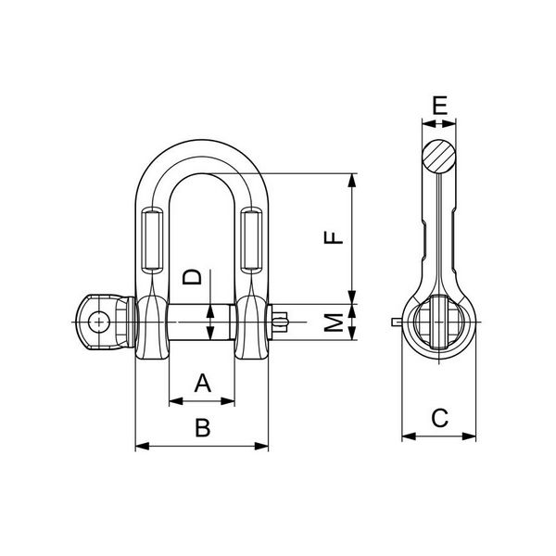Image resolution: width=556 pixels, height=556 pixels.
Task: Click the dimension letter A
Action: coord(202,382)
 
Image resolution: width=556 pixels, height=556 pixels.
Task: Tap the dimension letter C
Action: coord(440,418)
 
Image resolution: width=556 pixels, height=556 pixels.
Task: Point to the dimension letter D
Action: coord(192,276)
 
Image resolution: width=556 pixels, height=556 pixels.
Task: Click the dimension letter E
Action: coord(440,105)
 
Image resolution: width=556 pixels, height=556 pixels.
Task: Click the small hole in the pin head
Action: coord(95,322)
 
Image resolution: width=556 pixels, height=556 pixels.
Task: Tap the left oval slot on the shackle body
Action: coord(151,240)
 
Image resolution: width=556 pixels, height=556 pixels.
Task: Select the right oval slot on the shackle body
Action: coord(250,240)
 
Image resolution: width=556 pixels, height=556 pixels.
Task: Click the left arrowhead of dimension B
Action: coord(138,448)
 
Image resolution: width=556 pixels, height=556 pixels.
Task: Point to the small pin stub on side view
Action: coord(398,322)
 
